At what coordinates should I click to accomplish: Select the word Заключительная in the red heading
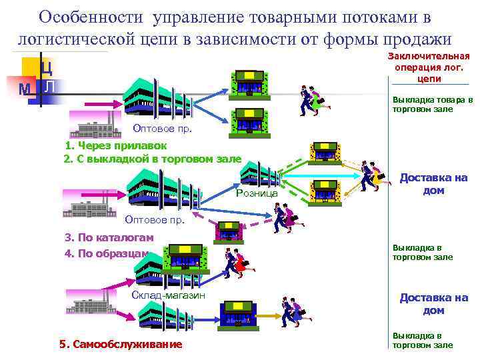429,57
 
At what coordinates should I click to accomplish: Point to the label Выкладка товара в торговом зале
432,105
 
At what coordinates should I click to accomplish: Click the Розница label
257,193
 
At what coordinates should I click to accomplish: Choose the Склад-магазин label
169,295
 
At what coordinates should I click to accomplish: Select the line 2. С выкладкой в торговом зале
152,159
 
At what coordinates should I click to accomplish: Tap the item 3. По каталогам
109,237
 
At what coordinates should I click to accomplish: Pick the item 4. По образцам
107,253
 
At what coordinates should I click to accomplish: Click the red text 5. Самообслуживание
120,344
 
